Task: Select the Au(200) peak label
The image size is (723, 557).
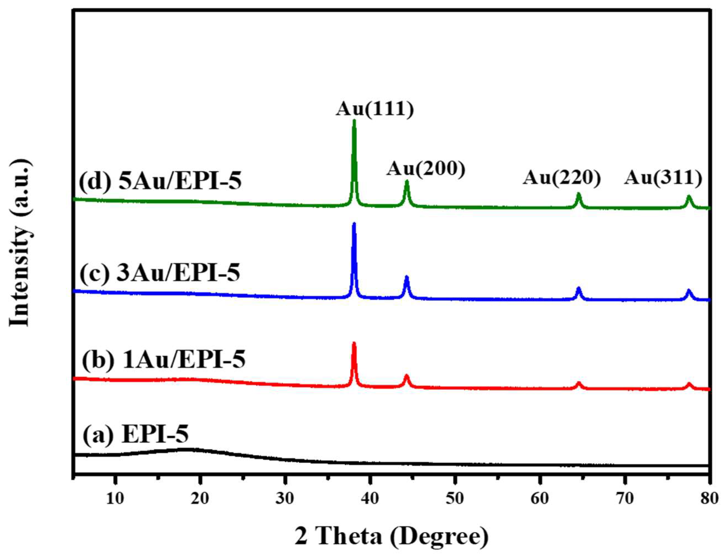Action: pos(426,169)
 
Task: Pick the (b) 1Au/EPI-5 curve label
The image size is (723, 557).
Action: pos(163,360)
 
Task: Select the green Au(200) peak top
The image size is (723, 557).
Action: pos(407,181)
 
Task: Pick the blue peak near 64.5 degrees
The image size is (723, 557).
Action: pos(579,287)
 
